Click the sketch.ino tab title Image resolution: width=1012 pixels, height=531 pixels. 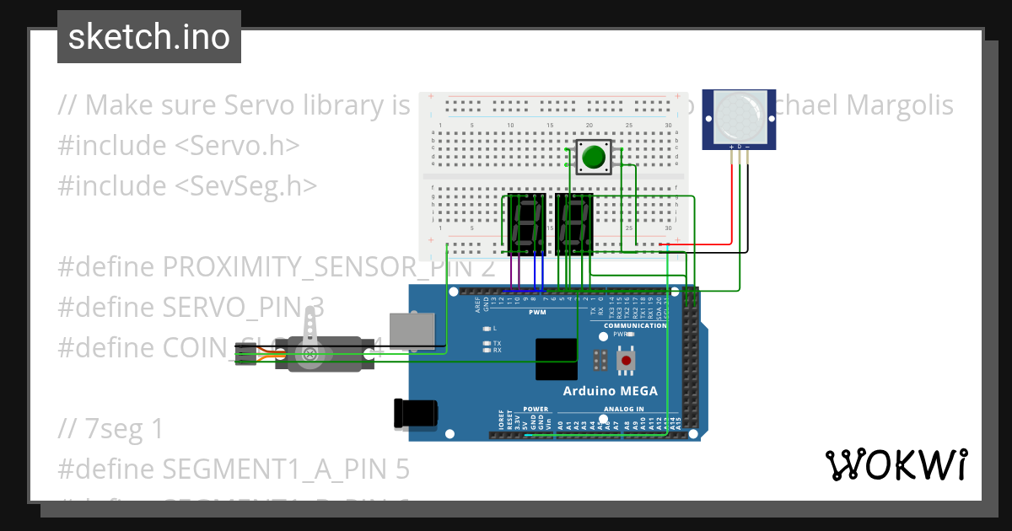tap(148, 37)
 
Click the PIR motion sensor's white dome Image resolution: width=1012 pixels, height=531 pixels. tap(739, 116)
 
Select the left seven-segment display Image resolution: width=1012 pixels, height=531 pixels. tap(527, 223)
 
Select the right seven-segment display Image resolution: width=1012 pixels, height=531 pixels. tap(574, 223)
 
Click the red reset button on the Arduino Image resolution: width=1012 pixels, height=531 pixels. tap(626, 361)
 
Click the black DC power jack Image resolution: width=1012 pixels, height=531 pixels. tap(417, 413)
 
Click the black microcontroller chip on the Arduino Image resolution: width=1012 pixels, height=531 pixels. tap(557, 360)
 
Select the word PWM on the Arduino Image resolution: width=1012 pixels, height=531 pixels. tap(536, 313)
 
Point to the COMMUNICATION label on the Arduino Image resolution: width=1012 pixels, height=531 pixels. tap(635, 325)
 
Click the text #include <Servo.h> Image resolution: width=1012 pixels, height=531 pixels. tap(179, 145)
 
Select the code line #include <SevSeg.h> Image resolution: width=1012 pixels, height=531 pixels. tap(187, 185)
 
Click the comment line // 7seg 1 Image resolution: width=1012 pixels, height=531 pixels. tap(110, 429)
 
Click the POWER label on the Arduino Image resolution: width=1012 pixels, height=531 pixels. tap(536, 409)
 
